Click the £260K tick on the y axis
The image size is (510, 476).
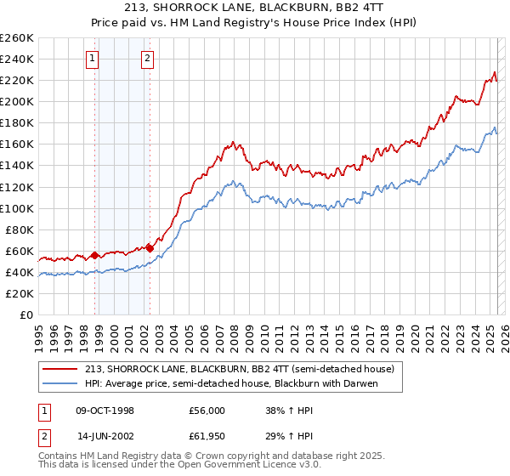tap(16, 38)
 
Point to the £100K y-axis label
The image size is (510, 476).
tap(16, 208)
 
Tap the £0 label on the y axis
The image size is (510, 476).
tap(27, 315)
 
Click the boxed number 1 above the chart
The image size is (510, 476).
tap(92, 59)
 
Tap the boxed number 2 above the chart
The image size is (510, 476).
tap(147, 59)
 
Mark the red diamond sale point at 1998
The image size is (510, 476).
tap(95, 255)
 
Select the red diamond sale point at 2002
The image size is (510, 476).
tap(150, 248)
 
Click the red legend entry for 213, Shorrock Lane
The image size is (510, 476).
tap(239, 369)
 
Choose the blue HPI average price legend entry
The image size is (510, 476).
tap(230, 383)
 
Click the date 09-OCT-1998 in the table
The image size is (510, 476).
tap(107, 410)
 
